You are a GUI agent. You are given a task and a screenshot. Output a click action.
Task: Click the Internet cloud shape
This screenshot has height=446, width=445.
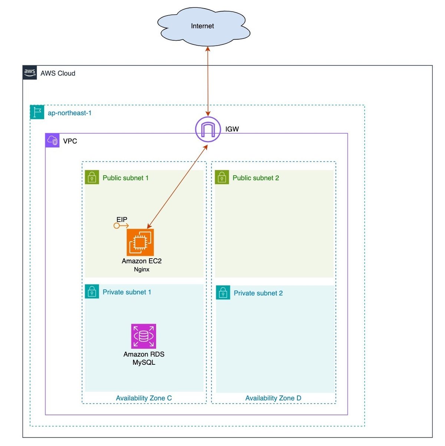pyautogui.click(x=204, y=26)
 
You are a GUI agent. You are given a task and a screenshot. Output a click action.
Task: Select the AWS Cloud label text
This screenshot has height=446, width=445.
pyautogui.click(x=58, y=73)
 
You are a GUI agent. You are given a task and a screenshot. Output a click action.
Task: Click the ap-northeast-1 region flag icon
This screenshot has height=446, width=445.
pyautogui.click(x=37, y=112)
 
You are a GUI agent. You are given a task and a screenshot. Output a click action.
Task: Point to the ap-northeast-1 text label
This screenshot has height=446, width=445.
pyautogui.click(x=70, y=113)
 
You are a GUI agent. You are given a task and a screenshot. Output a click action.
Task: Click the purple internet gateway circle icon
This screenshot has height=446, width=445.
pyautogui.click(x=208, y=129)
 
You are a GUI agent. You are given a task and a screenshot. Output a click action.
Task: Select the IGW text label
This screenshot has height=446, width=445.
pyautogui.click(x=232, y=129)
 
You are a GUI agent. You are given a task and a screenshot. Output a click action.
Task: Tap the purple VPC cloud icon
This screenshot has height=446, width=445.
pyautogui.click(x=52, y=141)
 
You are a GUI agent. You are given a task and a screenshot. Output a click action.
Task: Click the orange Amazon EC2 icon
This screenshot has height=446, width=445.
pyautogui.click(x=140, y=242)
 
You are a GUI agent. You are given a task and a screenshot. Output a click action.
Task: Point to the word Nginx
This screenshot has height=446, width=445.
pyautogui.click(x=142, y=269)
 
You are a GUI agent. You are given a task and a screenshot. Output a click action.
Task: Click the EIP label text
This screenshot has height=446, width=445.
pyautogui.click(x=122, y=220)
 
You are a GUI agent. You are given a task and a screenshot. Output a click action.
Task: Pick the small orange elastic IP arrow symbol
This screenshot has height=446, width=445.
pyautogui.click(x=121, y=226)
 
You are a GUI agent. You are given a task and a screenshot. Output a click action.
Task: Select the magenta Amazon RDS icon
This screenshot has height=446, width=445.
pyautogui.click(x=144, y=336)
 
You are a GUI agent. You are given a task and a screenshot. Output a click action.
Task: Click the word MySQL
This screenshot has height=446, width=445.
pyautogui.click(x=144, y=363)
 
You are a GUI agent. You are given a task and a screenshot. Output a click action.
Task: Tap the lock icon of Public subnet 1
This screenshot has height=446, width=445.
pyautogui.click(x=92, y=177)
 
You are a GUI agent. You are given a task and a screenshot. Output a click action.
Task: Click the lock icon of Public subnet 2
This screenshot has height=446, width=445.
pyautogui.click(x=222, y=177)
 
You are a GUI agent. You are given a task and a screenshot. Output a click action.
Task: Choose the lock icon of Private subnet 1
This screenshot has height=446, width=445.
pyautogui.click(x=92, y=292)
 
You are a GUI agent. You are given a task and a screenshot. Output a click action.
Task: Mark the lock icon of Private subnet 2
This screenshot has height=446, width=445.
pyautogui.click(x=223, y=293)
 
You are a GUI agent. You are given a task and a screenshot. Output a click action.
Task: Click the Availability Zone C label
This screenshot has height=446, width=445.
pyautogui.click(x=144, y=398)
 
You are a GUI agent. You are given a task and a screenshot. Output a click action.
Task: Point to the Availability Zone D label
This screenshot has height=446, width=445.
pyautogui.click(x=273, y=398)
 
